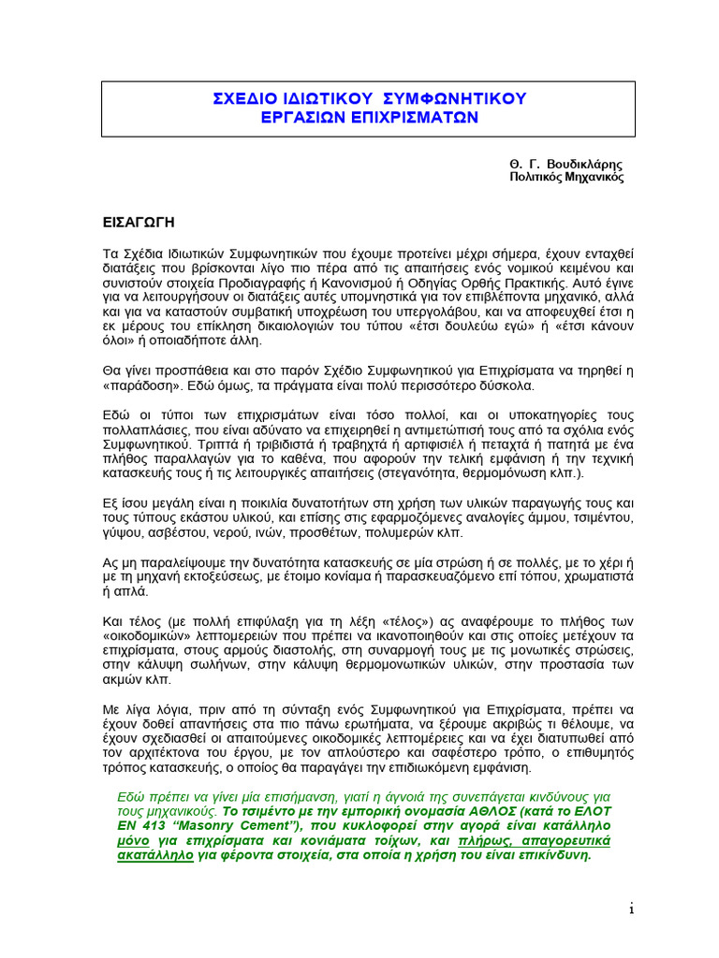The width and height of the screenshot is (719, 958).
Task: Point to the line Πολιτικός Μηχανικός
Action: pos(565,176)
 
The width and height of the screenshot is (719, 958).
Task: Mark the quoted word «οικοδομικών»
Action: pos(147,636)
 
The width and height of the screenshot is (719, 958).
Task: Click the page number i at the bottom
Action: pos(632,908)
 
